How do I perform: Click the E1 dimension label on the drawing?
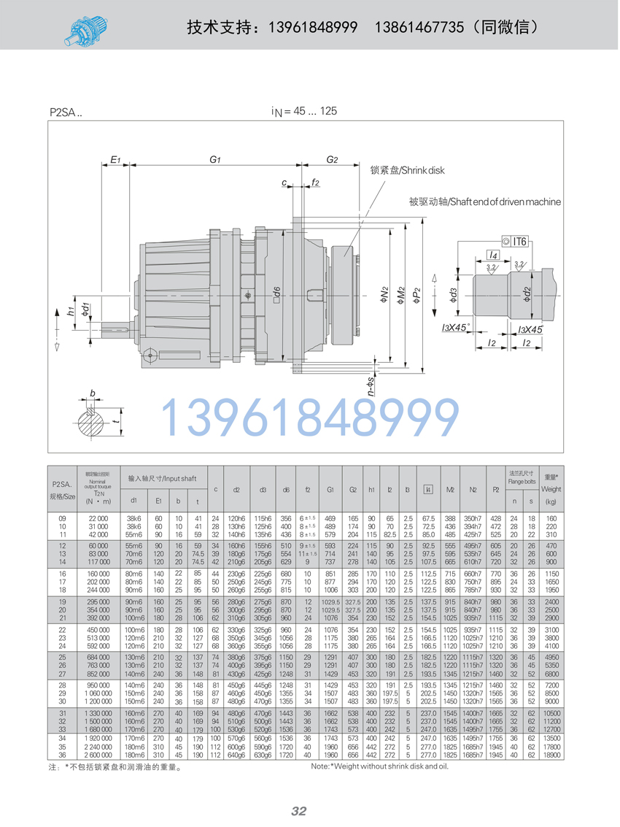coord(115,158)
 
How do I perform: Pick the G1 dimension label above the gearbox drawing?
coord(215,158)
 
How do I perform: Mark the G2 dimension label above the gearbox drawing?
coord(332,158)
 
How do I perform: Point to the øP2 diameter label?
coord(416,296)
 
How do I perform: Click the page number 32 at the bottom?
coord(299,811)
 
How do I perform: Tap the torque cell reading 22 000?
coord(98,518)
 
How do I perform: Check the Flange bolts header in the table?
coord(522,477)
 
